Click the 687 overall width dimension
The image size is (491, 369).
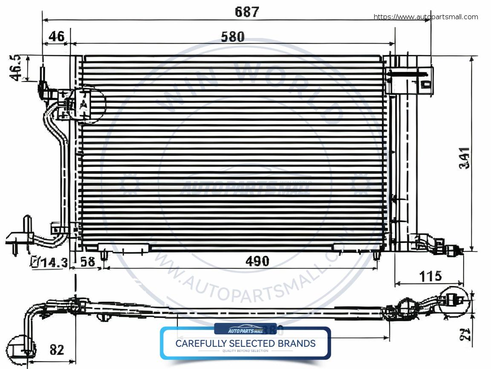click(247, 12)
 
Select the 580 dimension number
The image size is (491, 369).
click(233, 37)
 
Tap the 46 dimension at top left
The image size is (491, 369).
click(56, 36)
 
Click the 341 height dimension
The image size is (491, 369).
click(465, 158)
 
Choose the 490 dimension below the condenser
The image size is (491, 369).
click(257, 261)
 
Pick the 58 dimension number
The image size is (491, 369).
click(88, 261)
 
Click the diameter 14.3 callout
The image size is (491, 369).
click(49, 262)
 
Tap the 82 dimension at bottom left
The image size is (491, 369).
click(56, 350)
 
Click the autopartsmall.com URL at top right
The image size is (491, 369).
click(426, 17)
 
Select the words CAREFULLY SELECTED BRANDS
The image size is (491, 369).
click(245, 343)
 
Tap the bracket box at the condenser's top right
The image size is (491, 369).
click(409, 80)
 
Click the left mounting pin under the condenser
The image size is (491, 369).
click(104, 255)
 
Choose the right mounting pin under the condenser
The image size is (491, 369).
click(376, 255)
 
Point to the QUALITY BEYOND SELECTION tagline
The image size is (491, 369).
click(245, 351)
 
